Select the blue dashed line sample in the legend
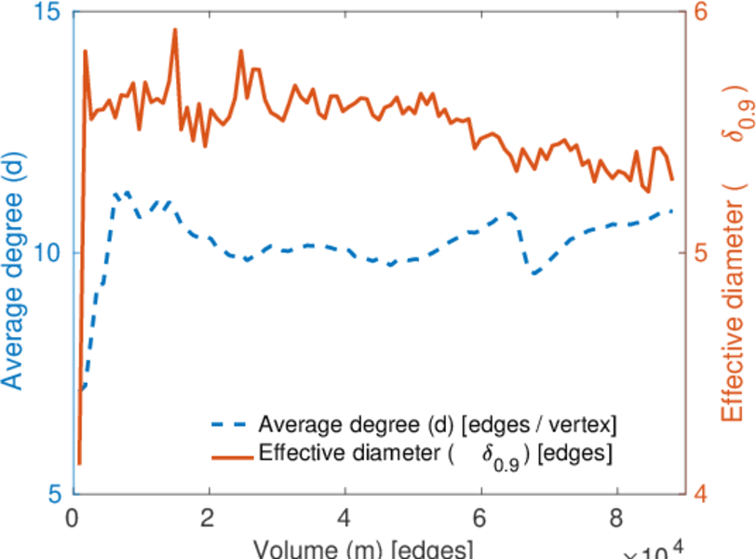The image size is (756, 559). coord(228,426)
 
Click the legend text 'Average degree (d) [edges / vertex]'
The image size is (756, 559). coord(438,426)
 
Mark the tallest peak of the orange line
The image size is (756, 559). coord(174,30)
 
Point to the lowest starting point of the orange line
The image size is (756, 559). coord(80,463)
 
